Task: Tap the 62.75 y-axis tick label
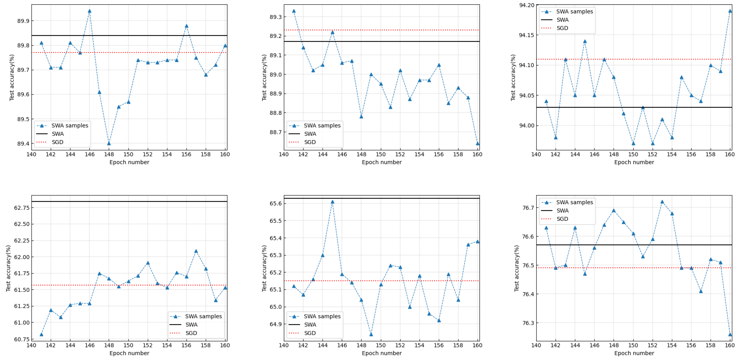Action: click(x=22, y=208)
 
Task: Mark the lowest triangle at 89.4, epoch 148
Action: click(x=109, y=143)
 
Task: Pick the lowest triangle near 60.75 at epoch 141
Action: click(x=42, y=334)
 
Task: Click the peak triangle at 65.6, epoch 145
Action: click(x=332, y=202)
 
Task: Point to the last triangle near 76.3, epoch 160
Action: click(x=730, y=334)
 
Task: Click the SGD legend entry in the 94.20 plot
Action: click(x=562, y=28)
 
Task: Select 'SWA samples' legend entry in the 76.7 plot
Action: click(x=574, y=202)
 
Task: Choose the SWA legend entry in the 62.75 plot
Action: click(x=191, y=325)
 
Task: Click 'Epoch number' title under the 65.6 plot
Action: click(x=382, y=353)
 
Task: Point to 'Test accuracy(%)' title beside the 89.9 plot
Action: click(x=12, y=77)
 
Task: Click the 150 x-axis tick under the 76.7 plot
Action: click(x=633, y=345)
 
